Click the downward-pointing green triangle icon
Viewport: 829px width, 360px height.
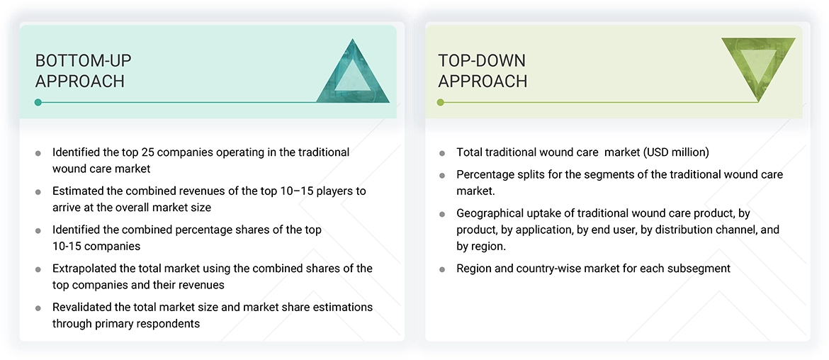coord(758,65)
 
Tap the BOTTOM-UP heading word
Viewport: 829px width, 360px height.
coord(84,61)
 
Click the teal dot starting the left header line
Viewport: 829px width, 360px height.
coord(38,102)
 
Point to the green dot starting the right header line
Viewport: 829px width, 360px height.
coord(441,102)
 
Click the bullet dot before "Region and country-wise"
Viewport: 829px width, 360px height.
coord(442,269)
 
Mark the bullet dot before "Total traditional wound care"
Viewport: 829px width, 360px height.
coord(442,153)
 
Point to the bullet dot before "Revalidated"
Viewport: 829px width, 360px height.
coord(38,308)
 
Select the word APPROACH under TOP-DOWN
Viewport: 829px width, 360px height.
coord(483,81)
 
